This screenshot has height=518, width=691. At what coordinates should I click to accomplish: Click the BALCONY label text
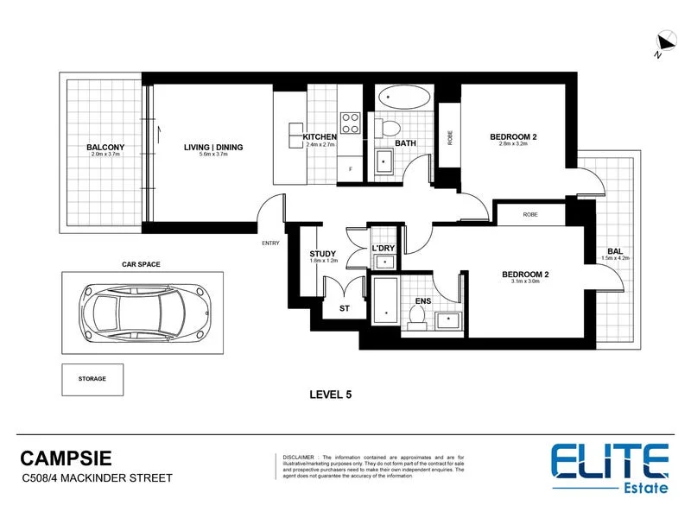[105, 148]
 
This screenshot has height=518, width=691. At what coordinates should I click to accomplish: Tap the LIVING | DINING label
[212, 148]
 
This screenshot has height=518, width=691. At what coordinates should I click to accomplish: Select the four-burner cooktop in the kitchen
[350, 123]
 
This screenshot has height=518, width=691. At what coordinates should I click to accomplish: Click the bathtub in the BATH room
[403, 98]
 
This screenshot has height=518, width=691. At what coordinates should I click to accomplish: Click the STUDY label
[322, 254]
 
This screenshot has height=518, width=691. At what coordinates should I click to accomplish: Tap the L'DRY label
[383, 248]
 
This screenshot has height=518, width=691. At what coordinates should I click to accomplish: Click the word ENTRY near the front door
[271, 243]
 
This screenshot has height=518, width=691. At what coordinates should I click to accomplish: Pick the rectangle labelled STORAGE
[92, 379]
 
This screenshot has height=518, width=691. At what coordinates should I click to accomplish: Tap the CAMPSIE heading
[66, 458]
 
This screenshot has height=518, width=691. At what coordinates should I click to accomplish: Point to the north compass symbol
[664, 41]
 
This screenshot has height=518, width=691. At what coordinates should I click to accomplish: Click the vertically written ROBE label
[450, 137]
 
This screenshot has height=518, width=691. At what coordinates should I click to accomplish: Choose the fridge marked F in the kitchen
[350, 169]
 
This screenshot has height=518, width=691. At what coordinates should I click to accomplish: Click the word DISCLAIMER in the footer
[301, 457]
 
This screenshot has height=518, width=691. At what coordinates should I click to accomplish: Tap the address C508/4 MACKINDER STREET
[97, 478]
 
